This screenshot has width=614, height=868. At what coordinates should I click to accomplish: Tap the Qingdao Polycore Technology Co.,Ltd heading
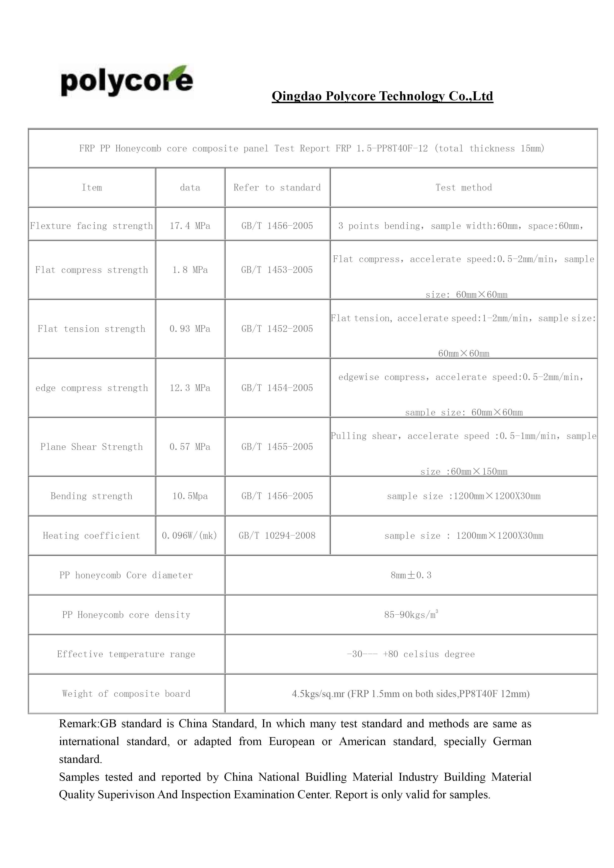382,96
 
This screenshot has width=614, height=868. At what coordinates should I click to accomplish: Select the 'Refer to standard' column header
277,188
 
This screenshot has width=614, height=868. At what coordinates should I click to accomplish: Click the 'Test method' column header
464,188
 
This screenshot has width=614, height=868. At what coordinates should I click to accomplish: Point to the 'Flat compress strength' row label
92,270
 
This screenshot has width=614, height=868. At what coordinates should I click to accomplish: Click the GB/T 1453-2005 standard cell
277,270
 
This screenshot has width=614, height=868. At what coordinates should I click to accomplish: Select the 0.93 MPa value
190,329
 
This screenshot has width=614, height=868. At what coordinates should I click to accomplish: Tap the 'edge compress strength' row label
92,388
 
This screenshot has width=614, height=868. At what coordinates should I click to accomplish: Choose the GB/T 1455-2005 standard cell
277,447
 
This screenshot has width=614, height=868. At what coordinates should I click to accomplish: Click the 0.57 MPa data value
190,447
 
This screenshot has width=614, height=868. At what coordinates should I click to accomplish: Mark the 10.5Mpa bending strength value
190,496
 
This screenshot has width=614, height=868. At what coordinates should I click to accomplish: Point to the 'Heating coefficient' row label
92,536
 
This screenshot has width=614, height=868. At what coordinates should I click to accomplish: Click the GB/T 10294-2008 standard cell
277,536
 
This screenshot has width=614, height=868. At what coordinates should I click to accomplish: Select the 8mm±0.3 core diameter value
411,575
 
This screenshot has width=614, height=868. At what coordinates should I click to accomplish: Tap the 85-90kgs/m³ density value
411,615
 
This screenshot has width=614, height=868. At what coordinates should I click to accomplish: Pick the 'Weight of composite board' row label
126,694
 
